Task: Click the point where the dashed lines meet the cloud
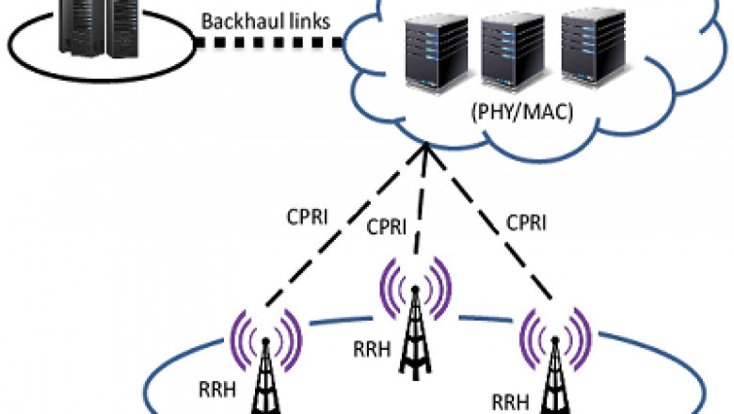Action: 425,145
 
